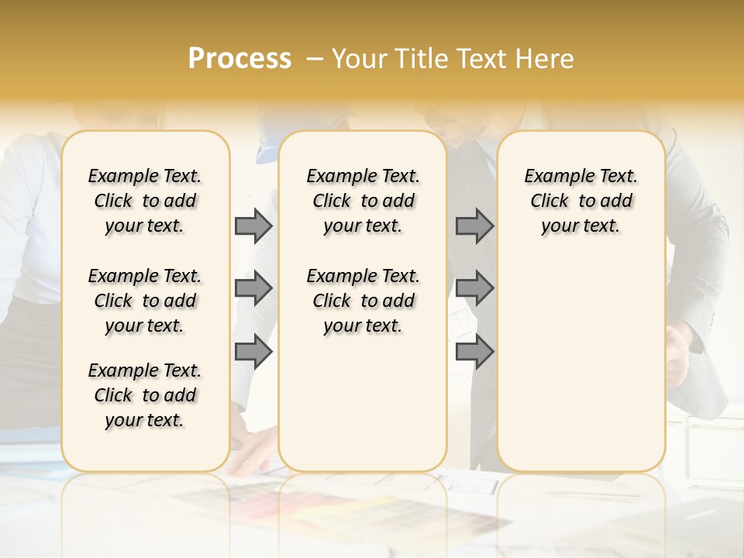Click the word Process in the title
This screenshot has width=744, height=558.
(x=239, y=59)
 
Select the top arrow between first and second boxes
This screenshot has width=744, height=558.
(x=253, y=226)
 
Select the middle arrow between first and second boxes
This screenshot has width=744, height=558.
(x=253, y=289)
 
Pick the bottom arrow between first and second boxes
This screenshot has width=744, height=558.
(x=253, y=352)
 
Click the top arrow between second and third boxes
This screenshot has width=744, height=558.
(x=474, y=226)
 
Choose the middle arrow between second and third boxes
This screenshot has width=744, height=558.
(x=474, y=289)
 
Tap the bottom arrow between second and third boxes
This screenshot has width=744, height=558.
(x=474, y=352)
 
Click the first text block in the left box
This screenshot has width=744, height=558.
(x=145, y=201)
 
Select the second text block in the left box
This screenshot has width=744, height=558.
(x=145, y=301)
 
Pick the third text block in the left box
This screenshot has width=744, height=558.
(x=145, y=395)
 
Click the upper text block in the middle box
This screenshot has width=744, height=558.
(x=363, y=201)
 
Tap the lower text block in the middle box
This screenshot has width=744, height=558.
(x=363, y=301)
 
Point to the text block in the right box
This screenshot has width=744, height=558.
(x=581, y=201)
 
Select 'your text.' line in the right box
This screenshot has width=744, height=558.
(x=580, y=226)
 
